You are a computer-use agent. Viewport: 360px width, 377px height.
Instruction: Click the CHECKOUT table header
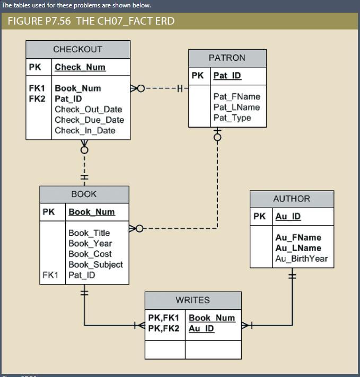coord(78,49)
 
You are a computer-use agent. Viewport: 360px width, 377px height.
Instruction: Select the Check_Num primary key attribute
coord(80,67)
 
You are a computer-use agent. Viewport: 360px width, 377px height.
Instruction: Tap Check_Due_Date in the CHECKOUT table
coord(90,120)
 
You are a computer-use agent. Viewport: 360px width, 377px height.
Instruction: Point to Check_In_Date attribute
coord(85,130)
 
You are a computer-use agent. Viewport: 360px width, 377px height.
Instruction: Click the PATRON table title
coord(227,58)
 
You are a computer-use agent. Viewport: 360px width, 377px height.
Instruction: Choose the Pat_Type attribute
coord(232,118)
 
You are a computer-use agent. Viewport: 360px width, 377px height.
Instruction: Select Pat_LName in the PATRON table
coord(236,107)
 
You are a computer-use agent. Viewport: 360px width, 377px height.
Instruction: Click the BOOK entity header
coord(84,194)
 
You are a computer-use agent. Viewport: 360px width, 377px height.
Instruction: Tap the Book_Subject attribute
coord(95,264)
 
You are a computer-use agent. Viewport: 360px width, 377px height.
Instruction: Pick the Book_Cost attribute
coord(90,254)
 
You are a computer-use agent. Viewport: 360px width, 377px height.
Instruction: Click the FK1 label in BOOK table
coord(50,275)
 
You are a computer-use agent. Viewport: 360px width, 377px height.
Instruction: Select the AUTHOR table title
coord(292,199)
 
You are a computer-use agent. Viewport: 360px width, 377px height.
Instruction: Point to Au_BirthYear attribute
coord(301,259)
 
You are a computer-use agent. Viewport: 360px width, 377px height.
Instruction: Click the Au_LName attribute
coord(298,248)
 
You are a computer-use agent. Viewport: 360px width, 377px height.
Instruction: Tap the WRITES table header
coord(192,300)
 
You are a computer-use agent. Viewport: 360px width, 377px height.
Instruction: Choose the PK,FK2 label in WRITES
coord(163,328)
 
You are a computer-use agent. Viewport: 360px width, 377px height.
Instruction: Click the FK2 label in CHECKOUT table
coord(37,99)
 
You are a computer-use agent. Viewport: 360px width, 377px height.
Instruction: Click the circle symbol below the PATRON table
coord(217,138)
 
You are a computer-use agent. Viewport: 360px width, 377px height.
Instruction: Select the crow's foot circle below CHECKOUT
coord(84,150)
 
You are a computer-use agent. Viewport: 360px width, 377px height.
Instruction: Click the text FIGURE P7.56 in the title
coord(39,21)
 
